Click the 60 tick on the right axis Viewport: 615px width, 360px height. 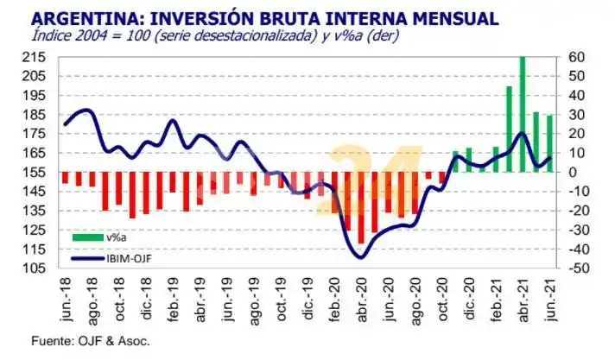(577, 57)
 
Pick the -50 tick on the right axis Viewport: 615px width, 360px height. (578, 268)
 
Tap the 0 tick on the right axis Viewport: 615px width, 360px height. (573, 172)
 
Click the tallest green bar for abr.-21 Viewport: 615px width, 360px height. (523, 112)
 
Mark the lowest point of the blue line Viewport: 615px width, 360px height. (360, 256)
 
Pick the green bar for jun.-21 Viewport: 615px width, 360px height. (549, 143)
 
